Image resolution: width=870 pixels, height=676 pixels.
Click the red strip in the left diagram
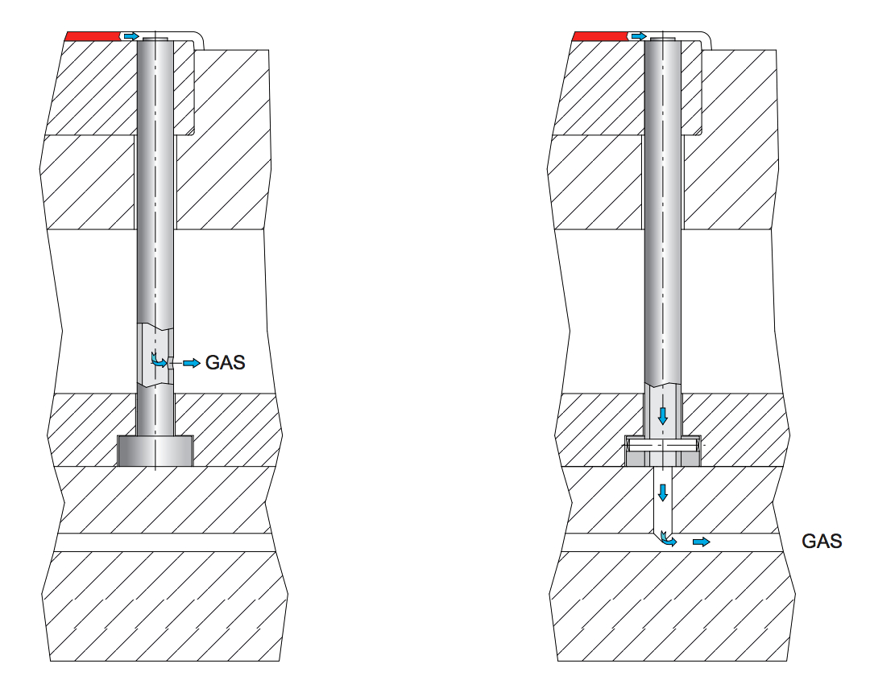92,35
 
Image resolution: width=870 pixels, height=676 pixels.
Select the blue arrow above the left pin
130,36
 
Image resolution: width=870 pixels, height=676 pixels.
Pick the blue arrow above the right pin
639,36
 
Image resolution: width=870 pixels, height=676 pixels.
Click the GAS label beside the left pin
226,363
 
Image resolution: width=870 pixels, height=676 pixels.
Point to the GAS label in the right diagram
822,542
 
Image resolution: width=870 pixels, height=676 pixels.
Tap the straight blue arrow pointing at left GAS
191,364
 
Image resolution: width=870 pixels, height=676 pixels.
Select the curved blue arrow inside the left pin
159,360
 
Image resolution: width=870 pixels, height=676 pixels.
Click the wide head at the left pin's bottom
155,451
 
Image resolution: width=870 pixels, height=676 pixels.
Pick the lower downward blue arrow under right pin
663,491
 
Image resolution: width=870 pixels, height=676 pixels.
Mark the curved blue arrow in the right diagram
667,538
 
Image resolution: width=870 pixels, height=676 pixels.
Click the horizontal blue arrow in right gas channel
702,542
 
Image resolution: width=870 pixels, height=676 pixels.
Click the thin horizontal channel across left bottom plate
161,542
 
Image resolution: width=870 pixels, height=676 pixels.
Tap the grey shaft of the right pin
663,241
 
